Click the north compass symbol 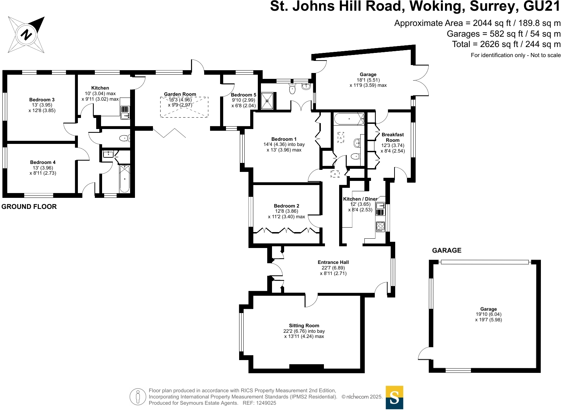click(26, 35)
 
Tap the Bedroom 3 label click(42, 100)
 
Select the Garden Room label click(180, 94)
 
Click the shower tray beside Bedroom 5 click(267, 101)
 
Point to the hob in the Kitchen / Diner click(380, 227)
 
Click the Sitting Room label click(304, 325)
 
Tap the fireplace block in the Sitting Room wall click(306, 367)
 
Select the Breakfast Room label click(392, 137)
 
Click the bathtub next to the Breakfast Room click(349, 119)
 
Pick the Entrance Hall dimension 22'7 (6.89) click(333, 268)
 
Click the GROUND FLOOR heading click(29, 206)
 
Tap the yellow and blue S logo click(395, 397)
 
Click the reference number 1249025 click(264, 403)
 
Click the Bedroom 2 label click(287, 206)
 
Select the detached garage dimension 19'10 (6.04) click(488, 314)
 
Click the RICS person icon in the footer click(138, 396)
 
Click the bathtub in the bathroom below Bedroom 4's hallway click(125, 179)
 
